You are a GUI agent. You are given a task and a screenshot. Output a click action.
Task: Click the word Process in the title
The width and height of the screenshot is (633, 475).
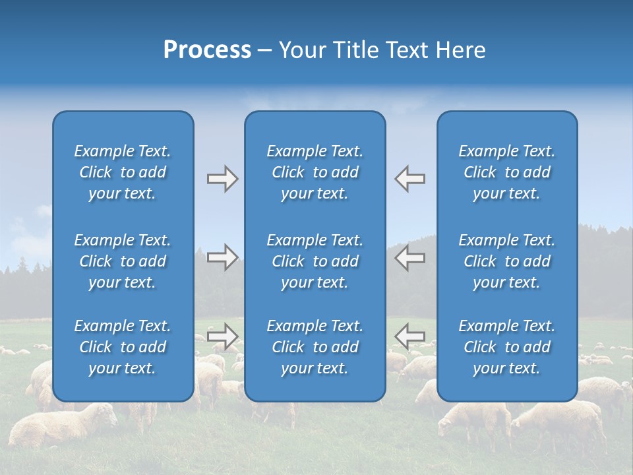coord(207,50)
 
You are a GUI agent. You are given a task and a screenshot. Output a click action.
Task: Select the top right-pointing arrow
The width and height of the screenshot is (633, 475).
coord(222,179)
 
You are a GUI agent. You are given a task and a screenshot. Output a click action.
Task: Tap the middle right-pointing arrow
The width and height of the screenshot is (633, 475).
coord(222,257)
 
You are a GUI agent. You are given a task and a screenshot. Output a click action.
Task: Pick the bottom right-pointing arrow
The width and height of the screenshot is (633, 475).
coord(222,336)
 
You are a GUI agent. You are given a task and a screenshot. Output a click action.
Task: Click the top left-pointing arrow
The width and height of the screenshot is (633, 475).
coord(410,179)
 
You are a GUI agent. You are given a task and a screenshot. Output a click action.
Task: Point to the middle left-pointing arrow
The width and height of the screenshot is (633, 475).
coord(410,257)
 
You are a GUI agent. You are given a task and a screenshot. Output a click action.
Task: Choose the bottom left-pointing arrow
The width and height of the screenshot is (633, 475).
coord(410,336)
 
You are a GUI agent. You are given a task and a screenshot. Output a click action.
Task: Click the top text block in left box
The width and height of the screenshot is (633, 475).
coord(123,172)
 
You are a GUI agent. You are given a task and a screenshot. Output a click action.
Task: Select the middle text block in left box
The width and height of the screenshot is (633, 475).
coord(123,261)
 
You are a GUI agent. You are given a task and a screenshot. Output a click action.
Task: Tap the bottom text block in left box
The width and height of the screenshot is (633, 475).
coord(123,347)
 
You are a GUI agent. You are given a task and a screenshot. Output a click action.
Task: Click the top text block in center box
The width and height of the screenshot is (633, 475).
coord(315,172)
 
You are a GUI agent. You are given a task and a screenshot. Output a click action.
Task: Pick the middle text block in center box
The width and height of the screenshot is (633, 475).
coord(315,261)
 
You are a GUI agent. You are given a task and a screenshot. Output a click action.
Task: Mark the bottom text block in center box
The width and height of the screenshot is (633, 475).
coord(315,347)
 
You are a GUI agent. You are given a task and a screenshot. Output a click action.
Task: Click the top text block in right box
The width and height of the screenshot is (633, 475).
coord(506,172)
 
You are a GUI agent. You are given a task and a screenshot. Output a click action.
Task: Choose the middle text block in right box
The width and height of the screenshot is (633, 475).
coord(506,261)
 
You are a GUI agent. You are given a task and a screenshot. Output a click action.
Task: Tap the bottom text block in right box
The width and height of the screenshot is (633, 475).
coord(506,347)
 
